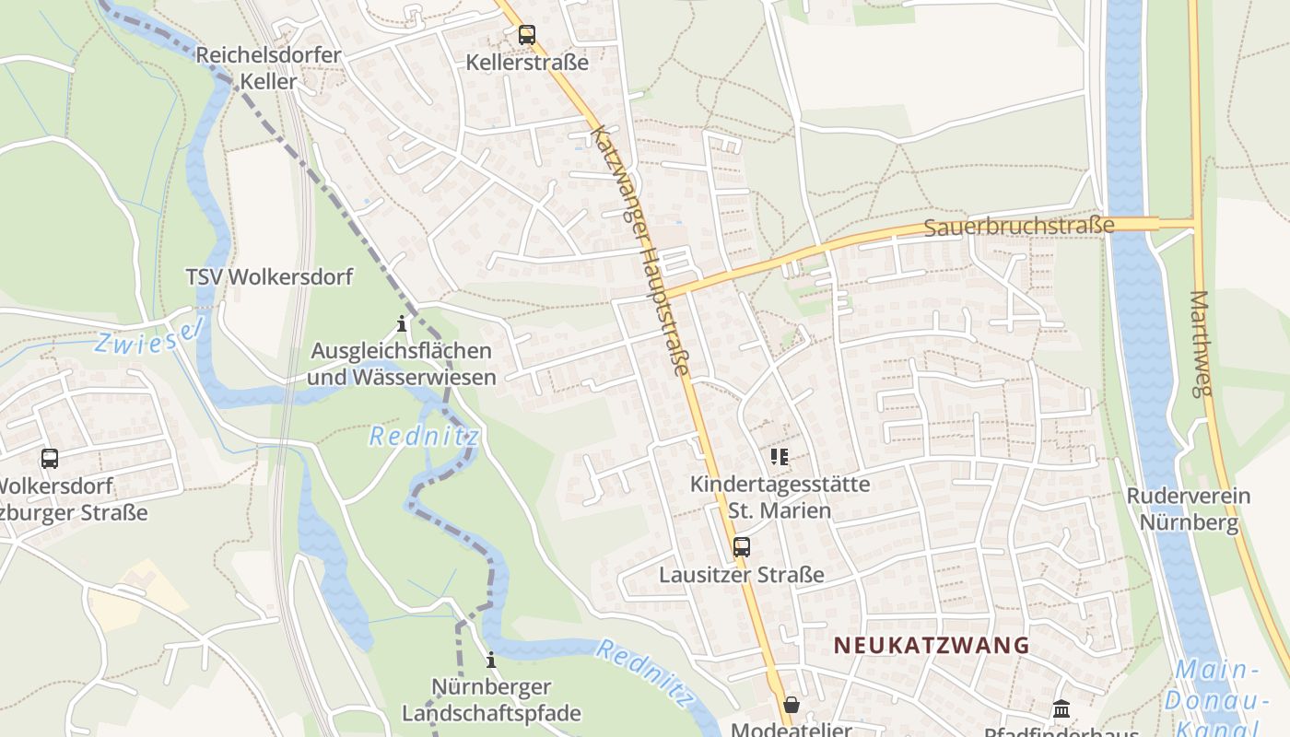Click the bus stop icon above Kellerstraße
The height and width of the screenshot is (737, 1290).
coord(526,35)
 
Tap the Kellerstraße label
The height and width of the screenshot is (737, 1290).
coord(527,63)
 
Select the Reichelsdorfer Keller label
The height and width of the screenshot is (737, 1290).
coord(268,68)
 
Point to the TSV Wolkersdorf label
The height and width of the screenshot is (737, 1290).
coord(269,277)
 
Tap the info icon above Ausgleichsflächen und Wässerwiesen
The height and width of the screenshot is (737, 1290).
coord(401,324)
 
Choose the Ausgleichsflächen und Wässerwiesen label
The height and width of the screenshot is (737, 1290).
coord(401,364)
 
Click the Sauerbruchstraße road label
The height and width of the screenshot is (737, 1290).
coord(1018,226)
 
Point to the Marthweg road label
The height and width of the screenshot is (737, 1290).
coord(1199,343)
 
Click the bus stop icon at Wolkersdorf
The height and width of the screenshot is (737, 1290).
coord(50,458)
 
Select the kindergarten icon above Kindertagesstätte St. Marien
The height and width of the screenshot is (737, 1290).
coord(780,456)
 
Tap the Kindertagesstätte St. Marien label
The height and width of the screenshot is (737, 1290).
coord(780,497)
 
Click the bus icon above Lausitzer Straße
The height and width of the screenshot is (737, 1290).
coord(742,547)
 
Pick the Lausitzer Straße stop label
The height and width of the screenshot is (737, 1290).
coord(742,575)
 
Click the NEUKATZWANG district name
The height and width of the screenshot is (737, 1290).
coord(932,645)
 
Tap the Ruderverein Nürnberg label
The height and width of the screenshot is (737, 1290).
coord(1189,509)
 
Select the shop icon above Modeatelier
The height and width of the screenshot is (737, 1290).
coord(791,706)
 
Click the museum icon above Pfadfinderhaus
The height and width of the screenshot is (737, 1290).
coord(1061,709)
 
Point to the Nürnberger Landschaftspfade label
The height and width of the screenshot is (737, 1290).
coord(491,700)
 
